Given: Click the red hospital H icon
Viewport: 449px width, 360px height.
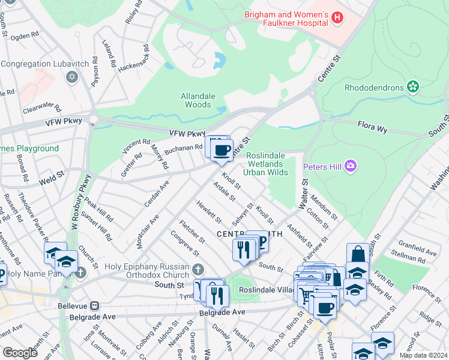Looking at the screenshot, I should tap(337, 18).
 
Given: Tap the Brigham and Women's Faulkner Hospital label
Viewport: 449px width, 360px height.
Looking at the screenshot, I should tap(286, 18).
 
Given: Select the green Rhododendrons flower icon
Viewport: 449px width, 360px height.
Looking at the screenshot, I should tap(412, 87).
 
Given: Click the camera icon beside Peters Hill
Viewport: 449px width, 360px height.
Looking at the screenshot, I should tap(351, 165).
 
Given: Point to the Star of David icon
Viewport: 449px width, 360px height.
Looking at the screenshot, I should tap(73, 77).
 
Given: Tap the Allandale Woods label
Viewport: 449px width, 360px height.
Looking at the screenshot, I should tap(196, 100).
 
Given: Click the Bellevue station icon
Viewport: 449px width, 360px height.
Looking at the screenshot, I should tap(94, 306).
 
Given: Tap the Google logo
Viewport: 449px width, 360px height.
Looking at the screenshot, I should tap(20, 352).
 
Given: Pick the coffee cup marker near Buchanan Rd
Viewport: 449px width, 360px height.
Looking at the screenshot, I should tap(221, 150).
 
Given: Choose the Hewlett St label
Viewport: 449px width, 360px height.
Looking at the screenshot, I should tap(208, 211).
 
